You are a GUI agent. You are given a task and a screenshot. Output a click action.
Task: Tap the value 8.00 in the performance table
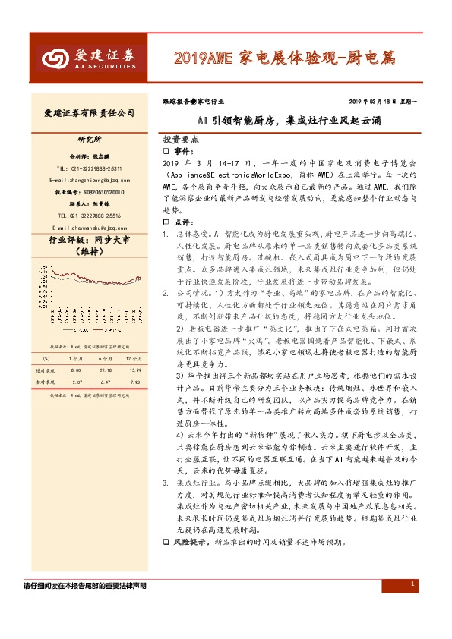76,369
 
